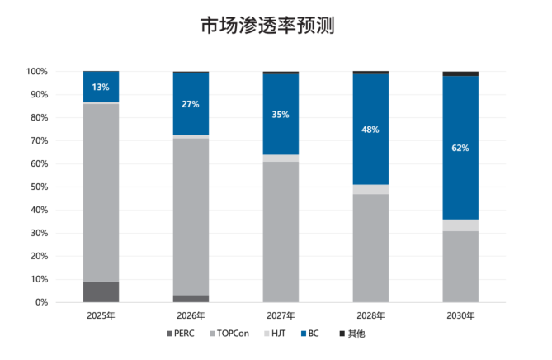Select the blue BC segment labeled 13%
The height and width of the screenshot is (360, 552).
(x=101, y=87)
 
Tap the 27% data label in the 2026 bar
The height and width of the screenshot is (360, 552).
(x=191, y=104)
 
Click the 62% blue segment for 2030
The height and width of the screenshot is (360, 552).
(x=460, y=149)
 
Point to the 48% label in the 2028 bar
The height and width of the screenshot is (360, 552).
(x=370, y=130)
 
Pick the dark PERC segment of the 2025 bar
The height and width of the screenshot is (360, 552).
(x=101, y=291)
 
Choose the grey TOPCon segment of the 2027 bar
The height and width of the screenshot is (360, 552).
(x=281, y=231)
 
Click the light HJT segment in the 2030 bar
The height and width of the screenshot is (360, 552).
(x=460, y=225)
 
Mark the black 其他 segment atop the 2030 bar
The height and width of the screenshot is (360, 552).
(x=460, y=73)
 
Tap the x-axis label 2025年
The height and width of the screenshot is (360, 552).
(x=101, y=315)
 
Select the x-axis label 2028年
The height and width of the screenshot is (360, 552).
(x=370, y=315)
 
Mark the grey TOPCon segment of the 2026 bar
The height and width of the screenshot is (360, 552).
(x=191, y=215)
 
